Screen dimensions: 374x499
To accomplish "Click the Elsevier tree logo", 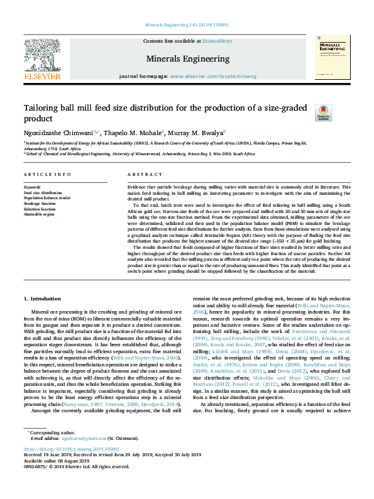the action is pyautogui.click(x=42, y=53).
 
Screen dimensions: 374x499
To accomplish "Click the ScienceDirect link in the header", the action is pyautogui.click(x=217, y=41).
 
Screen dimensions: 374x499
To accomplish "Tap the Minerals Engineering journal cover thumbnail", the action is pyautogui.click(x=327, y=57).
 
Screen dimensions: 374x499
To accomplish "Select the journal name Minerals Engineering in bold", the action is pyautogui.click(x=188, y=58).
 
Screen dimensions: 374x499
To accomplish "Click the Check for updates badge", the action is pyautogui.click(x=323, y=112).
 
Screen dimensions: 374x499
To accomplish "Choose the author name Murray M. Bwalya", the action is pyautogui.click(x=196, y=133).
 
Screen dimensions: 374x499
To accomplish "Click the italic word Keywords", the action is pyautogui.click(x=32, y=187).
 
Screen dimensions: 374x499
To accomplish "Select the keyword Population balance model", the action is pyautogui.click(x=47, y=197).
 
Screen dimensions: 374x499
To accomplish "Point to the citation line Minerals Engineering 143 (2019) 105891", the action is pyautogui.click(x=187, y=24).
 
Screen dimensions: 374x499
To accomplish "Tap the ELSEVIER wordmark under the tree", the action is pyautogui.click(x=42, y=76).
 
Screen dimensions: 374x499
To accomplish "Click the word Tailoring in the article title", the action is pyautogui.click(x=43, y=108).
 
